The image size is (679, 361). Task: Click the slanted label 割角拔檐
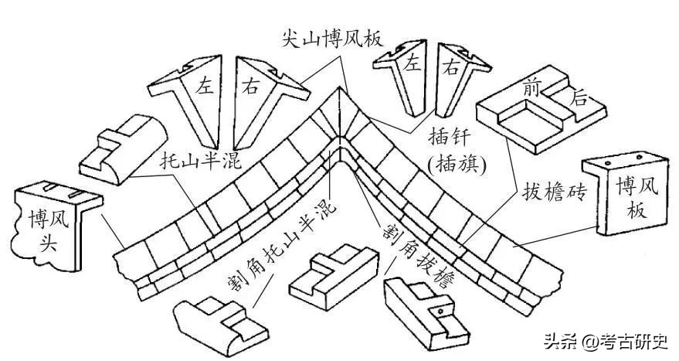(417, 246)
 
